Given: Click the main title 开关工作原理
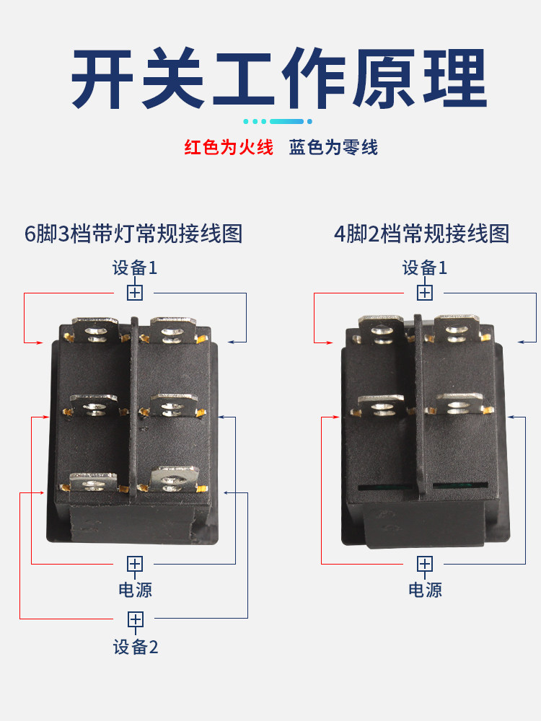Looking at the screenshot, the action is point(278,78).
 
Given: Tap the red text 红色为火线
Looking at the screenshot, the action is point(229,148).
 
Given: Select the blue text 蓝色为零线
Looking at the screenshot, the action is point(333,148).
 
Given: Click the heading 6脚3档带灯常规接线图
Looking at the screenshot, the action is point(133,234).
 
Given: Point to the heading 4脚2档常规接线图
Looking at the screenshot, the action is point(422,234).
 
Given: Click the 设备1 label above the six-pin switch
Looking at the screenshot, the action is point(135,267).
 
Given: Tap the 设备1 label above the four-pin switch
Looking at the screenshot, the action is point(425,267).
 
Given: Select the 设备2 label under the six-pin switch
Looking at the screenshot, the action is point(136,647).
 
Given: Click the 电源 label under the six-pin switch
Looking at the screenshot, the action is point(136,590).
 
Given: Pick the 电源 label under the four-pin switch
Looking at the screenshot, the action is point(425,590).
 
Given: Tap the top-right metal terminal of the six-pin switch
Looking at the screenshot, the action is point(173,330).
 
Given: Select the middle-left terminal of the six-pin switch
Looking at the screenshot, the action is point(94,405).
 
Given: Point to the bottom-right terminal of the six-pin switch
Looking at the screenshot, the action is point(175,479).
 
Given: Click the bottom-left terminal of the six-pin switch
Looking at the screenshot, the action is point(93,482).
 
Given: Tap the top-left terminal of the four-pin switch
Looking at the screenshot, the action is point(382,329).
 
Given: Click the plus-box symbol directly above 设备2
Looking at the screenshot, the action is point(136,619).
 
